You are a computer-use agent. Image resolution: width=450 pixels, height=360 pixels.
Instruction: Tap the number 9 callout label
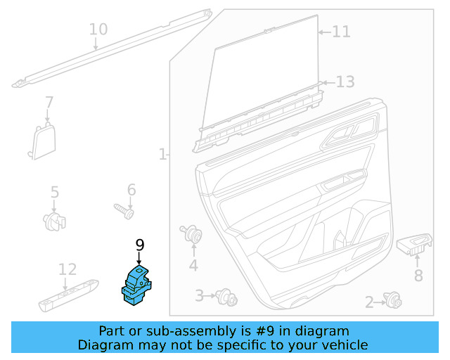coord(139,245)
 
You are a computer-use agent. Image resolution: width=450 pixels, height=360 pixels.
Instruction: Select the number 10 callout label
coord(98,30)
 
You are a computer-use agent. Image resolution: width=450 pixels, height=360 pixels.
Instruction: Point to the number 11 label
coord(341,32)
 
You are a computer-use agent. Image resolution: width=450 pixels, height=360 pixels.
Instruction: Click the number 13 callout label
coord(345,82)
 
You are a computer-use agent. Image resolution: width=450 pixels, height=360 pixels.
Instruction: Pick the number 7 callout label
coord(49,102)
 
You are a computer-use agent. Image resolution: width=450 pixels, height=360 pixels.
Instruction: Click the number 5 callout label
coord(54,192)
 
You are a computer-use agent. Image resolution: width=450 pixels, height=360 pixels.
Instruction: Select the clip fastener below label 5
coord(54,221)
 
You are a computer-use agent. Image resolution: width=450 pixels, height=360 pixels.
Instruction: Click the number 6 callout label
coord(131,190)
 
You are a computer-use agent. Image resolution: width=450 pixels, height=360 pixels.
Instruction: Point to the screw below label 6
coord(124,209)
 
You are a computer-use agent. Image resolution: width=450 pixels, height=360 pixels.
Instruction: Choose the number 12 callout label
coord(67,269)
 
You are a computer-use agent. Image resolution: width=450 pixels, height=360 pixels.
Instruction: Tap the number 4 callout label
coord(193,265)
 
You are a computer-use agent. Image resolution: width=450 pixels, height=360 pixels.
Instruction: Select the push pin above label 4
coord(191,234)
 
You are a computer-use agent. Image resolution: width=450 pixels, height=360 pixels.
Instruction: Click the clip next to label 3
coord(227,297)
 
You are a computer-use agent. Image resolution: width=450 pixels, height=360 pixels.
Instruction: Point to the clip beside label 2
coord(392,302)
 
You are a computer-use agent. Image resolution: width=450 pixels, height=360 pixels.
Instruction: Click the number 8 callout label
coord(418,276)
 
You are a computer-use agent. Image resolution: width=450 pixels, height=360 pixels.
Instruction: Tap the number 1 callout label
coord(162,153)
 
